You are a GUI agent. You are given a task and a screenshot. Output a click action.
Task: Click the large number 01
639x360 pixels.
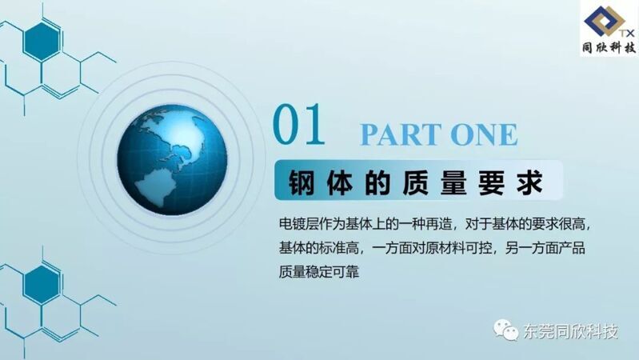pyautogui.click(x=299, y=124)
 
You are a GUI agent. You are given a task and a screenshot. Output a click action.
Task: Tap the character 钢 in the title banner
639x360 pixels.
pyautogui.click(x=302, y=182)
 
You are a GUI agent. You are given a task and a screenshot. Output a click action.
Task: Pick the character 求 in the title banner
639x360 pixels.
pyautogui.click(x=529, y=182)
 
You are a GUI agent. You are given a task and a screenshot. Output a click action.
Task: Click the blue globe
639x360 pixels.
pyautogui.click(x=172, y=159)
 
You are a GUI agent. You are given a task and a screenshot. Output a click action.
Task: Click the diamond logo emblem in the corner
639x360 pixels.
pyautogui.click(x=604, y=20)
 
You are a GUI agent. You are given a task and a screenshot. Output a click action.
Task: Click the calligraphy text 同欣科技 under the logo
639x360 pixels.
pyautogui.click(x=609, y=48)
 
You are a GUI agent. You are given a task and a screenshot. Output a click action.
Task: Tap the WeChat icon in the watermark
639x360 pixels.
pyautogui.click(x=505, y=330)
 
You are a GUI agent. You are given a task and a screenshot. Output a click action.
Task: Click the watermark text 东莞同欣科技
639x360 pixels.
pyautogui.click(x=570, y=331)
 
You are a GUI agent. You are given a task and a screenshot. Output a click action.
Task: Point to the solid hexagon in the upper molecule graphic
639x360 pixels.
pyautogui.click(x=41, y=42)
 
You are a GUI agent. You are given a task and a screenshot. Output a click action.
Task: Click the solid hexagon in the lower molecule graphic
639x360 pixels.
pyautogui.click(x=41, y=285)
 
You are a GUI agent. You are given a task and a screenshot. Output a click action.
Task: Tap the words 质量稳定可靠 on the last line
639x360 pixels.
pyautogui.click(x=318, y=271)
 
